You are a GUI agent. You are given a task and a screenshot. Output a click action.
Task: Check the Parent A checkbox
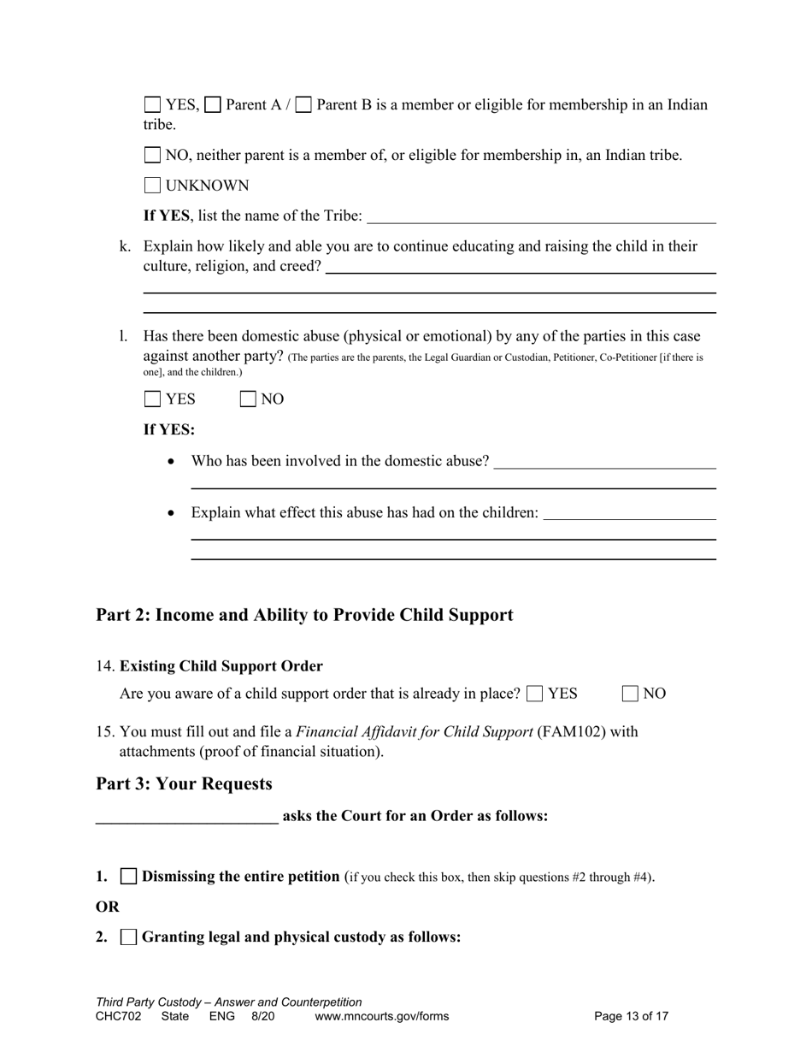[x=214, y=105]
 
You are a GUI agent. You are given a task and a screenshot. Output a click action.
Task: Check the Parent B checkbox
[x=303, y=105]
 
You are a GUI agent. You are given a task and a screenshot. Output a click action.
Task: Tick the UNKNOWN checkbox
[x=153, y=186]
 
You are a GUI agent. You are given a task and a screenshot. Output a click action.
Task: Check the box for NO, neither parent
[x=153, y=156]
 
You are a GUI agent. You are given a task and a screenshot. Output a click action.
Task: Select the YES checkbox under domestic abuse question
[x=153, y=399]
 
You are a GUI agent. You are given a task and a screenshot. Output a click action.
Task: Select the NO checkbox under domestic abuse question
[x=249, y=399]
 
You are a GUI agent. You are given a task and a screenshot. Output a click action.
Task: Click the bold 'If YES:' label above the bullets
[x=168, y=429]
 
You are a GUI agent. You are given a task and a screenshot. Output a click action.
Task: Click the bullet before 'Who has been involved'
[x=173, y=462]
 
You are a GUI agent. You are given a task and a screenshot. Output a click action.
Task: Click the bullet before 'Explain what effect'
[x=173, y=513]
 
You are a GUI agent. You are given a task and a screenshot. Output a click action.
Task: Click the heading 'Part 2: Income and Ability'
[x=304, y=615]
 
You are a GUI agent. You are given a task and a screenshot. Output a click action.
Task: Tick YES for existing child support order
[x=536, y=694]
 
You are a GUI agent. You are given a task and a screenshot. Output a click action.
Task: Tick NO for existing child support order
[x=631, y=694]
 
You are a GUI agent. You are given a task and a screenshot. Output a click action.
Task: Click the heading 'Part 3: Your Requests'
[x=184, y=784]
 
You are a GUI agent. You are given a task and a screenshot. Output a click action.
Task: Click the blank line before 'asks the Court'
[x=186, y=818]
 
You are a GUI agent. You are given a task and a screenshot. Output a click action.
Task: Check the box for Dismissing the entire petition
[x=129, y=877]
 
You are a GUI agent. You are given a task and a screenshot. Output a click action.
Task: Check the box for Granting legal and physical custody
[x=129, y=937]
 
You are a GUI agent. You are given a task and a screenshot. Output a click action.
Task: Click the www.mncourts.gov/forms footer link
[x=381, y=1017]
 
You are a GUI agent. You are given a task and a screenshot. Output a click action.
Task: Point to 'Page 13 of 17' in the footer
[x=631, y=1017]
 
